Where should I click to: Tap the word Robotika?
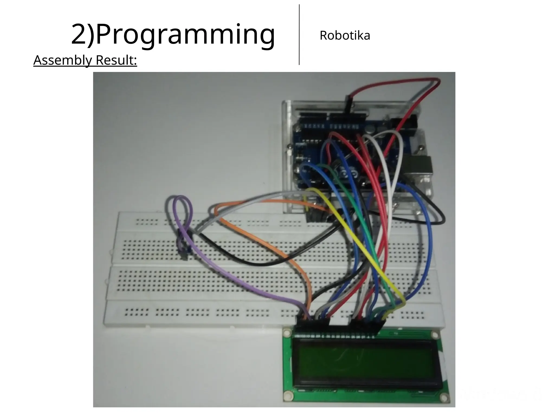345,35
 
